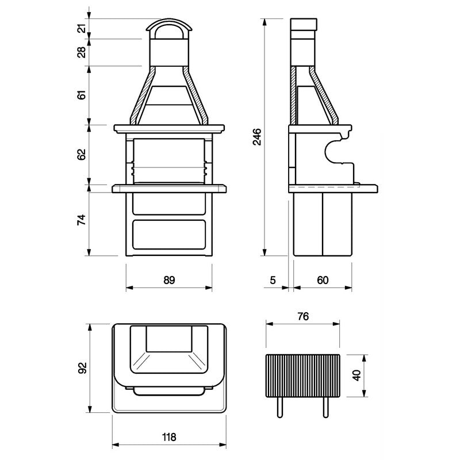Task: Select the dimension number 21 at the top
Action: pos(82,28)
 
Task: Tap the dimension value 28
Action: pos(82,52)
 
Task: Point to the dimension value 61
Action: pos(82,95)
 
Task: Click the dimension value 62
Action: pos(82,154)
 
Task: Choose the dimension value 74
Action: pos(82,220)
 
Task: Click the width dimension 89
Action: pos(168,280)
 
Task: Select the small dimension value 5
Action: pos(274,280)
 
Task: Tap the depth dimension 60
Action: pos(323,280)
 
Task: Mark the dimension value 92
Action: pos(82,367)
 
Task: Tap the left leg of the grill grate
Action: pos(281,408)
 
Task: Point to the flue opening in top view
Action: pos(169,339)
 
